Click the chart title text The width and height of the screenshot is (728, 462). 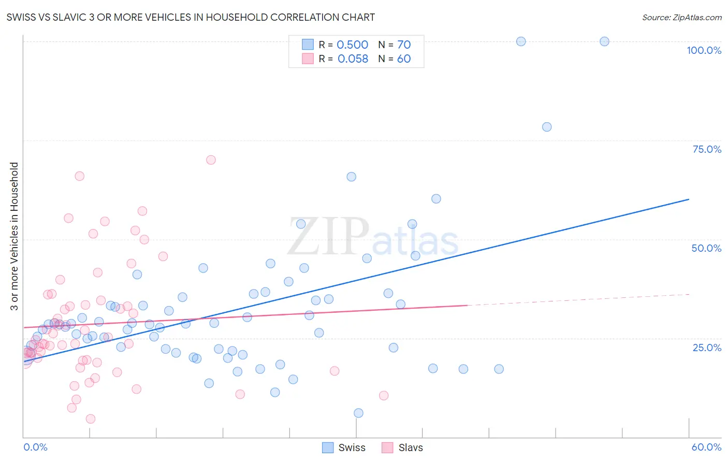(191, 17)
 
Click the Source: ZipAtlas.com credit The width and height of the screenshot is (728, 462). (681, 17)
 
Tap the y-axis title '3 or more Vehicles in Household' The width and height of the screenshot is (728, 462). (14, 236)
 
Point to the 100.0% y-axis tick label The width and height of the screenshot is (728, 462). (704, 50)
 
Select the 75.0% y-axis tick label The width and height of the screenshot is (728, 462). (707, 149)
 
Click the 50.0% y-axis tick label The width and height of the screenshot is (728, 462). (706, 248)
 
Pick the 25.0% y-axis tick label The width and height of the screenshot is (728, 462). (707, 348)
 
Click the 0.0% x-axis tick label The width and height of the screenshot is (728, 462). (35, 447)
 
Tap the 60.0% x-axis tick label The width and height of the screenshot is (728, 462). (706, 447)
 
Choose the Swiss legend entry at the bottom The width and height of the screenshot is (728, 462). (344, 447)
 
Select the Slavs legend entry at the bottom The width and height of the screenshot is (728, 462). (403, 447)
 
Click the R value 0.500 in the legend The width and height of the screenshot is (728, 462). (352, 45)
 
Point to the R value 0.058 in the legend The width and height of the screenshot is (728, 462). (353, 59)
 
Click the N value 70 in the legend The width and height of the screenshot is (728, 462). (404, 45)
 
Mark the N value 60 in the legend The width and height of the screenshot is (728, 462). (404, 59)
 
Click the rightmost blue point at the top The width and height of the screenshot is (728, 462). (604, 41)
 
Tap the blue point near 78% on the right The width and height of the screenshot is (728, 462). (547, 127)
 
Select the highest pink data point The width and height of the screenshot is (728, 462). (211, 160)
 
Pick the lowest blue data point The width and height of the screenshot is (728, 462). (358, 413)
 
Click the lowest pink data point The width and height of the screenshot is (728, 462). (91, 418)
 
